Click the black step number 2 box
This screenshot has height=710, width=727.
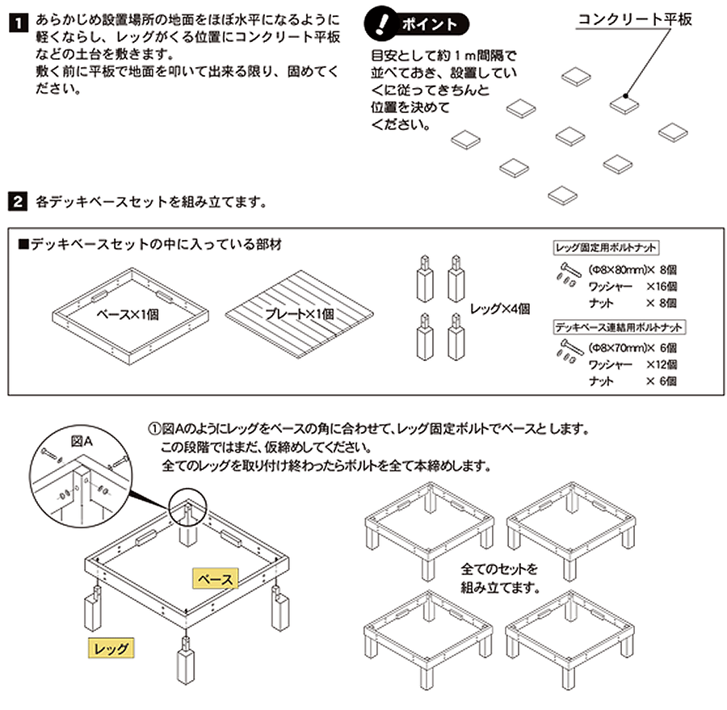(14, 201)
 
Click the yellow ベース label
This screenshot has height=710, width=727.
(216, 579)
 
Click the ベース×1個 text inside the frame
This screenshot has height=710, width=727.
(128, 314)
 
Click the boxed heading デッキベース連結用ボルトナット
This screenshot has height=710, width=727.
(619, 327)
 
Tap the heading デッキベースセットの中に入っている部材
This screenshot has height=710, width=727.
(149, 242)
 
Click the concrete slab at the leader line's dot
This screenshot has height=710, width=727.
(624, 103)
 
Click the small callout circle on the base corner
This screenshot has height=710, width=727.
(187, 507)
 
